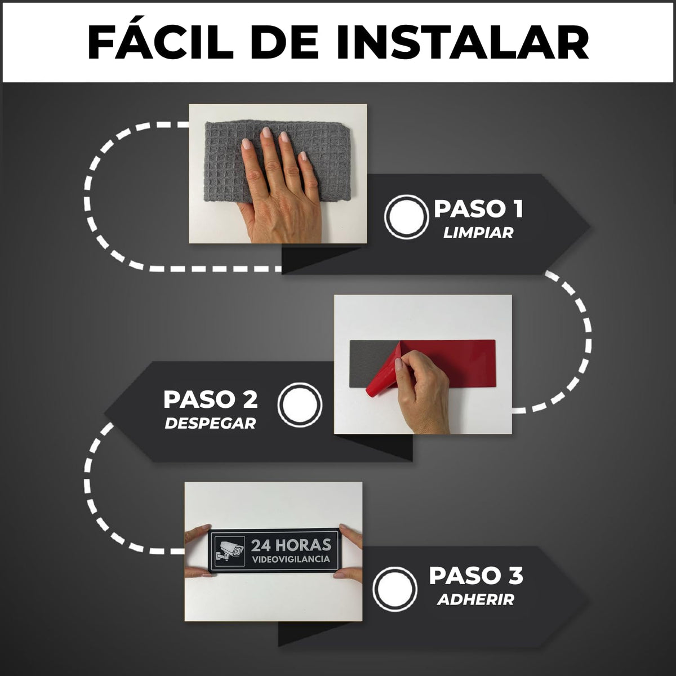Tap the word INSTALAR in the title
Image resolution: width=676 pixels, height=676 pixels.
pyautogui.click(x=462, y=42)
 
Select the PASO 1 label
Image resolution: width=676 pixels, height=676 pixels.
pyautogui.click(x=478, y=209)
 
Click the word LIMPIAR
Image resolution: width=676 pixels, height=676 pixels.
pyautogui.click(x=478, y=233)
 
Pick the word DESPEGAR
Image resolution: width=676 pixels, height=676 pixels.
pyautogui.click(x=211, y=424)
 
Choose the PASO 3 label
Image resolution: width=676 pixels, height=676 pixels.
pyautogui.click(x=476, y=576)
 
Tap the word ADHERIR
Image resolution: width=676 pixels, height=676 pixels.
pyautogui.click(x=475, y=599)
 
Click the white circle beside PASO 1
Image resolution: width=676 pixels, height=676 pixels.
pyautogui.click(x=406, y=216)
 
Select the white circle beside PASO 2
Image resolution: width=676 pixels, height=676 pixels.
pyautogui.click(x=300, y=403)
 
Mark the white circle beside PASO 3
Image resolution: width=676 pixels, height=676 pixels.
pyautogui.click(x=395, y=588)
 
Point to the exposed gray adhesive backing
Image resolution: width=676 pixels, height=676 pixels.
pyautogui.click(x=372, y=361)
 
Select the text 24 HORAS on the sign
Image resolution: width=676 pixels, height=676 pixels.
pyautogui.click(x=291, y=545)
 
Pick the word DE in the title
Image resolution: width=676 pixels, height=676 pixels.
pyautogui.click(x=285, y=42)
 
